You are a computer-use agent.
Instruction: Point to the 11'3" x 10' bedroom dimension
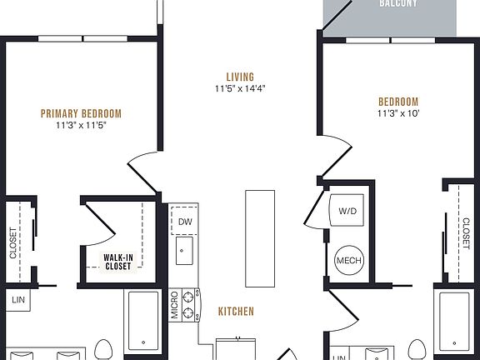coord(398,114)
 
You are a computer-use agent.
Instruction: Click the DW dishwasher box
coord(185,222)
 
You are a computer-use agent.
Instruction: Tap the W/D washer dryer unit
coord(347,212)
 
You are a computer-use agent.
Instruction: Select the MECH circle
coord(348,261)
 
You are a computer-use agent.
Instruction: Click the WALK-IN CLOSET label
coord(117,262)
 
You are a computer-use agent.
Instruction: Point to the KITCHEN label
coord(236,312)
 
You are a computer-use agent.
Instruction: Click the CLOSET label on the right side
coord(465,232)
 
